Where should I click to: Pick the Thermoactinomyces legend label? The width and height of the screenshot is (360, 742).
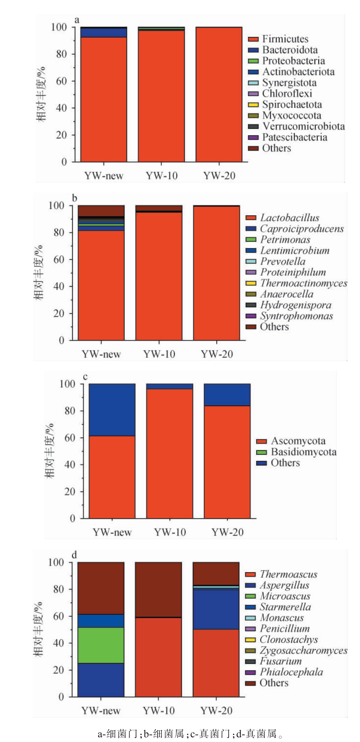(x=303, y=283)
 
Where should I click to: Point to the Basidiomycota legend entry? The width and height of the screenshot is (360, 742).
(x=303, y=452)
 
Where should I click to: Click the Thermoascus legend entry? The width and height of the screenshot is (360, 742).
(x=289, y=574)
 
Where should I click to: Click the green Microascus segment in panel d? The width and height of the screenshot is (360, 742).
(x=101, y=645)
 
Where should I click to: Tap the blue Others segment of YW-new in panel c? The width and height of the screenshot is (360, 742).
(x=112, y=410)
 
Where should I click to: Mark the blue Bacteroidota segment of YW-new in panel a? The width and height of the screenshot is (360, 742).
(x=104, y=33)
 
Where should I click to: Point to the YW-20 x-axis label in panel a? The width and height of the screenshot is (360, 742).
(x=219, y=176)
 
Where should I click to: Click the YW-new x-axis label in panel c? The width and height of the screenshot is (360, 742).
(x=112, y=532)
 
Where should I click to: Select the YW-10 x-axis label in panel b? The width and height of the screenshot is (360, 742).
(x=159, y=354)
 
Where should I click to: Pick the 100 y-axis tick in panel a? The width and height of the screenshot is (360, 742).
(x=59, y=27)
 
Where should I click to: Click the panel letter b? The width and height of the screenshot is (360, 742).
(x=74, y=198)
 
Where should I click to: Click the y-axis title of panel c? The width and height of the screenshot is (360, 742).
(x=49, y=450)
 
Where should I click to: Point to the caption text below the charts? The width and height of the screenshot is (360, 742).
(x=190, y=734)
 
